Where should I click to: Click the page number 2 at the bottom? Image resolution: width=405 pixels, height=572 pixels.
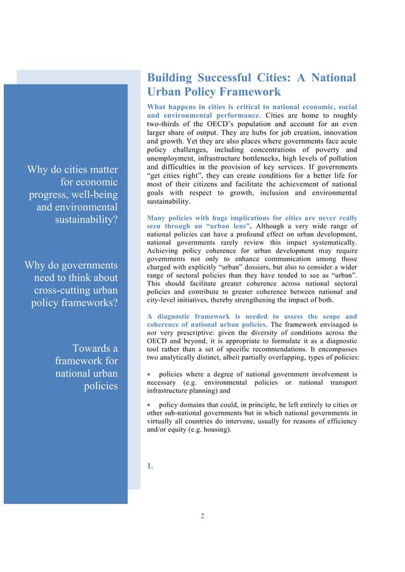(x=202, y=516)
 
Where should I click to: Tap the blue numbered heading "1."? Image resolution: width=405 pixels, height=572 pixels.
(x=150, y=467)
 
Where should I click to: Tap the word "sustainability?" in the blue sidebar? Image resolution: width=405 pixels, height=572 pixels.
(x=83, y=221)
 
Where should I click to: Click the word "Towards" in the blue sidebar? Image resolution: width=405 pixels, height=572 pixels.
(x=95, y=348)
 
